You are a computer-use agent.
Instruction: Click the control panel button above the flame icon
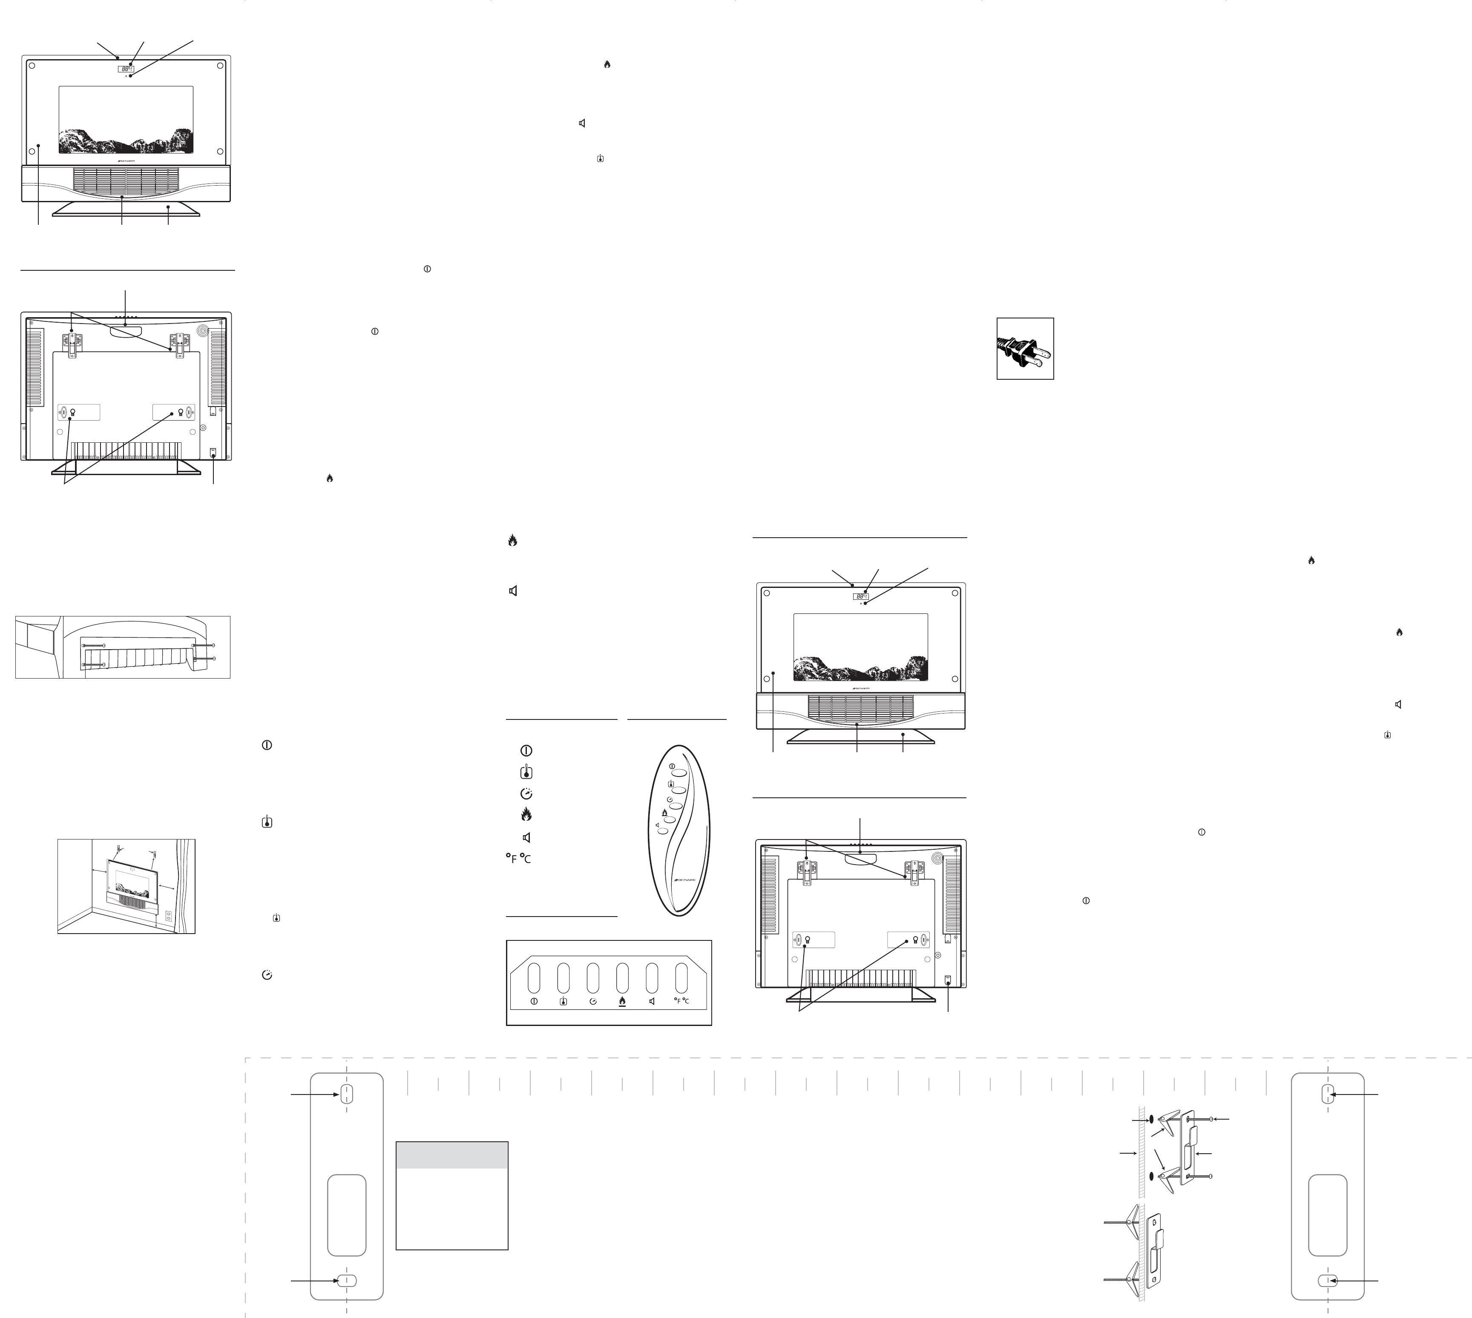click(x=622, y=977)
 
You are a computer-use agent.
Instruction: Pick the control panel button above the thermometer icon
click(x=563, y=977)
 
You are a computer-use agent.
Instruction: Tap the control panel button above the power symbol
click(x=534, y=977)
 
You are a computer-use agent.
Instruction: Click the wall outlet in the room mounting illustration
click(x=169, y=915)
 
